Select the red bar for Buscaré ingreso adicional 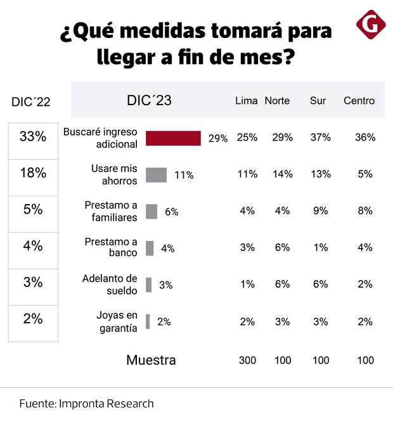click(173, 138)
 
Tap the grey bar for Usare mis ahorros click(156, 175)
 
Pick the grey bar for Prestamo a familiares click(151, 212)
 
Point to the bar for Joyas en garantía click(148, 322)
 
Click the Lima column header click(246, 101)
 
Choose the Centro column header click(359, 101)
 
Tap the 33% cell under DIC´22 click(33, 136)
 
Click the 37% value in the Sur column click(320, 138)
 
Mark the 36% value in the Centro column click(365, 138)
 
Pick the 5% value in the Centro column click(365, 174)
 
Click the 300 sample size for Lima click(247, 361)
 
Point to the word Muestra click(151, 361)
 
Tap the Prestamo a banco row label click(111, 248)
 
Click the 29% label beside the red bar click(218, 139)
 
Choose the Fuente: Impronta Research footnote click(86, 404)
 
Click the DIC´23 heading click(149, 101)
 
